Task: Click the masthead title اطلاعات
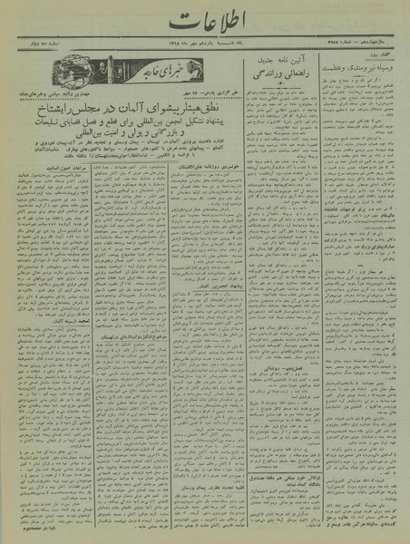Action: click(x=205, y=21)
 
